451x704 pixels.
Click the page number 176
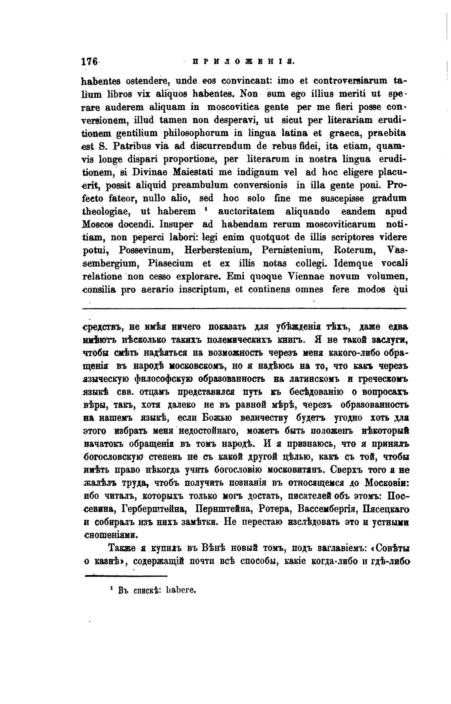(x=89, y=62)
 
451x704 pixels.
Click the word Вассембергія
(x=324, y=509)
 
